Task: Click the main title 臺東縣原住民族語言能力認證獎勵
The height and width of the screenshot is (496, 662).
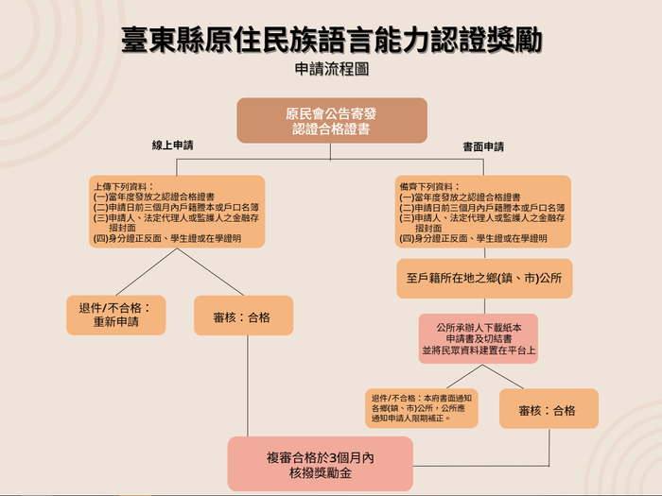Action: tap(332, 40)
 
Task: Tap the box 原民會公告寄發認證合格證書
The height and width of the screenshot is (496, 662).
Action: tap(331, 120)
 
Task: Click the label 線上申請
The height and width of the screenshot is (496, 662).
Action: tap(173, 146)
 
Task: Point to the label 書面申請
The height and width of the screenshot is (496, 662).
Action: tap(482, 146)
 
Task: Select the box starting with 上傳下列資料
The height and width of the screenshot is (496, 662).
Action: tap(177, 211)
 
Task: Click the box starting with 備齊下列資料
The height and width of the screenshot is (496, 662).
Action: tap(483, 211)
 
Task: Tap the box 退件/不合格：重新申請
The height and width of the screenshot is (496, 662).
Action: tap(116, 315)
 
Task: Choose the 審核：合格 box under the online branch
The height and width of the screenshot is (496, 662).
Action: tap(243, 316)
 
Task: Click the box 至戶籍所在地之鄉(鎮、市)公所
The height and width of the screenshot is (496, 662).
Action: tap(484, 279)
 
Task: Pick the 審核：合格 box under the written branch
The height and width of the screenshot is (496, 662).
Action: tap(549, 409)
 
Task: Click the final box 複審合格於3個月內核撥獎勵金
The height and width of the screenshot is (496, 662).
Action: tap(321, 463)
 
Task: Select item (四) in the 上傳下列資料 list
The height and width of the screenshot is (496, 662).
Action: tap(166, 238)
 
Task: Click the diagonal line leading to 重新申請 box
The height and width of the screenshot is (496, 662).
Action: tap(147, 272)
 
